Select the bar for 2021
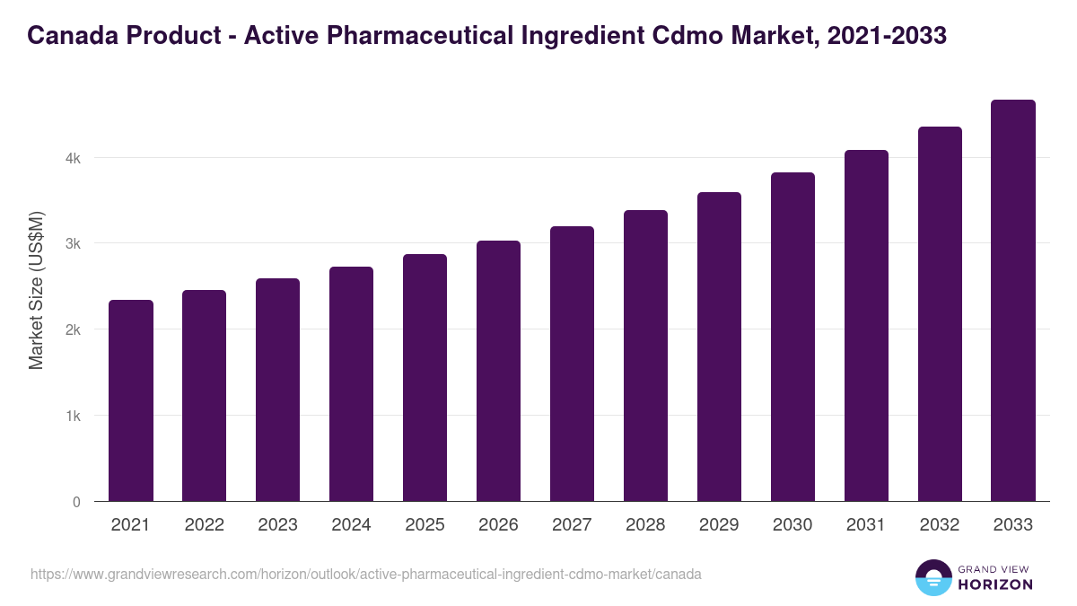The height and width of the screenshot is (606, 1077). [131, 400]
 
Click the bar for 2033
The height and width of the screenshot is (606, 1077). [1013, 301]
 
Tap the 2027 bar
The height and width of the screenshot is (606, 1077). [572, 364]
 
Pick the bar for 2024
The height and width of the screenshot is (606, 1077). [351, 384]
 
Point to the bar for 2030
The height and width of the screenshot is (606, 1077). [792, 337]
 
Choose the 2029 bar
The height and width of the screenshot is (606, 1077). [719, 347]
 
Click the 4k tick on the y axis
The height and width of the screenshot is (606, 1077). [73, 158]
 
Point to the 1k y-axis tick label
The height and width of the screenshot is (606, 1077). [73, 416]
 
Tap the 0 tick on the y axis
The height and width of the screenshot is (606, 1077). [76, 502]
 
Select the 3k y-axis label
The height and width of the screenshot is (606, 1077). [73, 243]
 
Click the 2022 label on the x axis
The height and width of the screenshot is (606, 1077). [204, 525]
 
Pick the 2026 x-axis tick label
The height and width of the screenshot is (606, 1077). [498, 525]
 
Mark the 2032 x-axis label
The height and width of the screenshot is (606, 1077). [940, 525]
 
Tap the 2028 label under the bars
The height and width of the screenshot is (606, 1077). [645, 525]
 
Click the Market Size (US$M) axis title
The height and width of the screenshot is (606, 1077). [36, 289]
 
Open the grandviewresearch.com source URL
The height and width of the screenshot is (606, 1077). [366, 574]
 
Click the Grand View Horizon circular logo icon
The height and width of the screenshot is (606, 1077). [933, 578]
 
